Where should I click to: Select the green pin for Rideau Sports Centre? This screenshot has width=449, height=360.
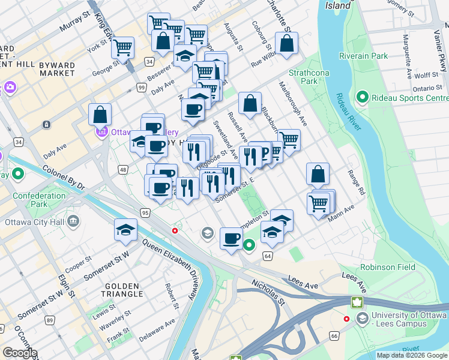[362, 97]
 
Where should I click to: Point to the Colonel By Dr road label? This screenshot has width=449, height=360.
[64, 178]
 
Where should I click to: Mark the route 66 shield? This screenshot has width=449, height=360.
[333, 337]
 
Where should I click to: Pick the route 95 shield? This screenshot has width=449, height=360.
[145, 212]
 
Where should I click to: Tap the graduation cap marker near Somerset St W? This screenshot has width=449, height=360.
[125, 230]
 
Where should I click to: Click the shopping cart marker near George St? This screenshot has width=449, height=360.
[122, 47]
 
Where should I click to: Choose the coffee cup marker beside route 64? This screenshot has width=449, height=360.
[231, 239]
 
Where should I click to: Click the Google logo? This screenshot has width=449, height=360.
[20, 353]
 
